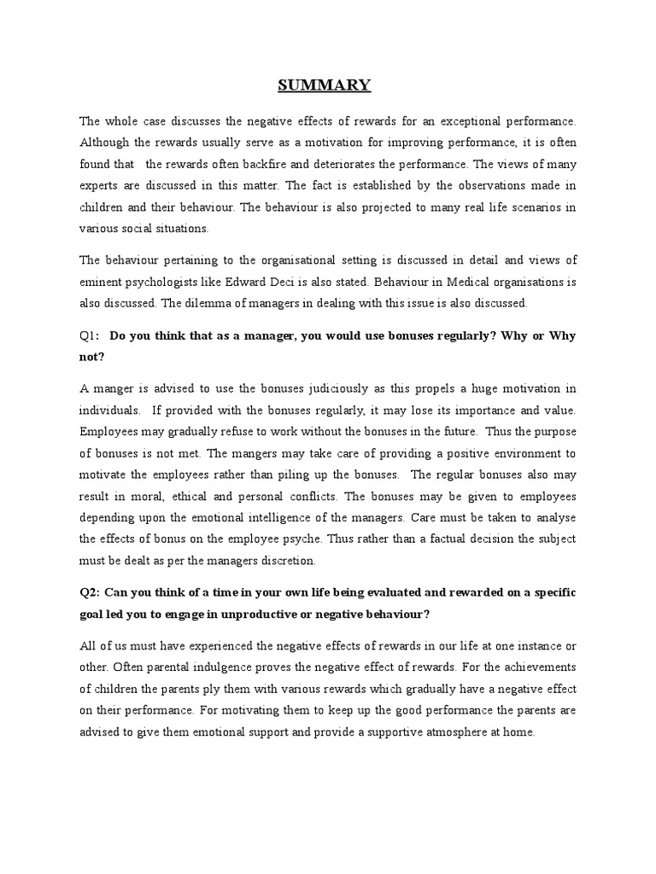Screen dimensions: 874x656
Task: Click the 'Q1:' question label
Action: click(91, 337)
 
